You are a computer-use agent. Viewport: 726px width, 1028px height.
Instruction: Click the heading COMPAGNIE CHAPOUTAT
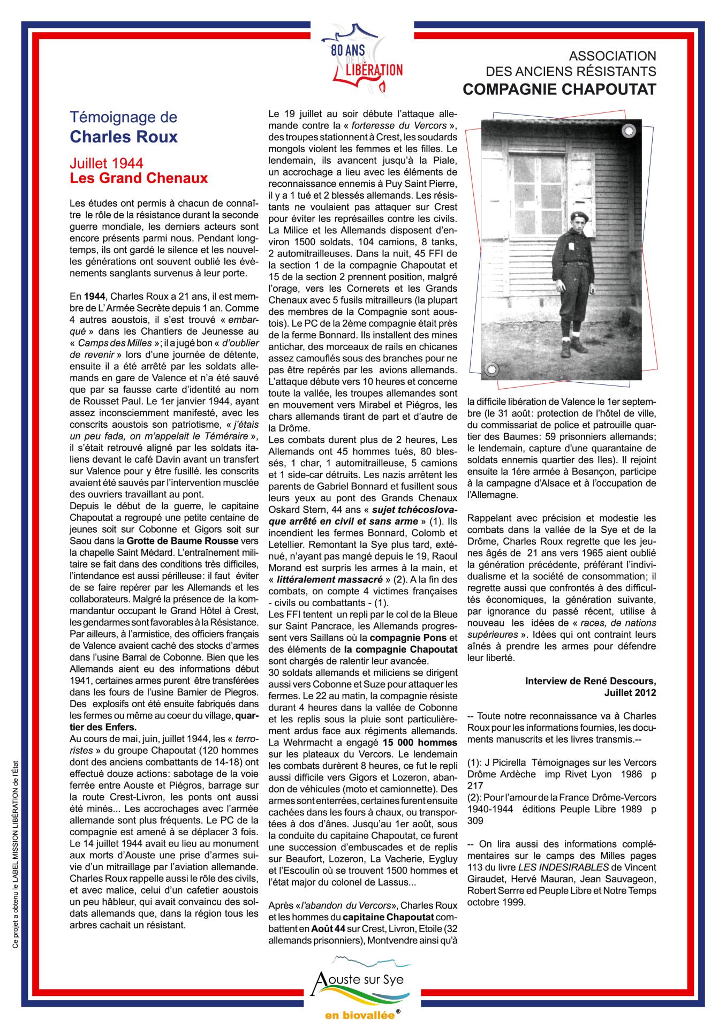pos(559,90)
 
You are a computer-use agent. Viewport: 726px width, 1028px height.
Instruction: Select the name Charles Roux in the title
pos(124,137)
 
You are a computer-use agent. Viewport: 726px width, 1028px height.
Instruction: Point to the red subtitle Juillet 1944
pos(107,163)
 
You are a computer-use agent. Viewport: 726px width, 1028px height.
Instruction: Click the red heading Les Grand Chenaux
pos(139,178)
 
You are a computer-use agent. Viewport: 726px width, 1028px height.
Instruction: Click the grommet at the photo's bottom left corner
pos(492,369)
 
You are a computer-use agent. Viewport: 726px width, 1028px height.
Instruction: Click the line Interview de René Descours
pos(591,681)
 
